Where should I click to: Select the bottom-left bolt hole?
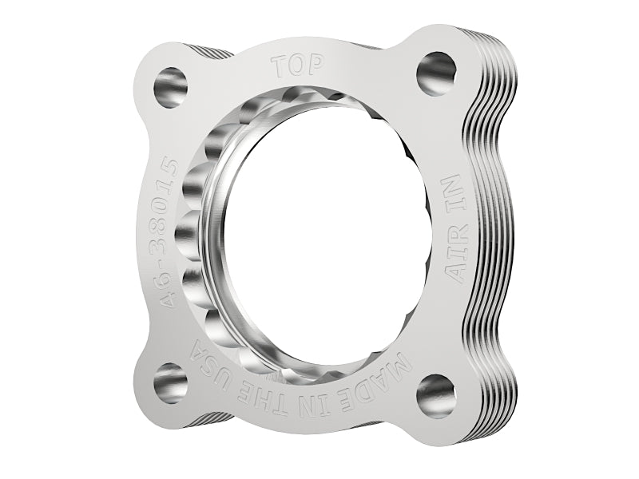pos(170,382)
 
